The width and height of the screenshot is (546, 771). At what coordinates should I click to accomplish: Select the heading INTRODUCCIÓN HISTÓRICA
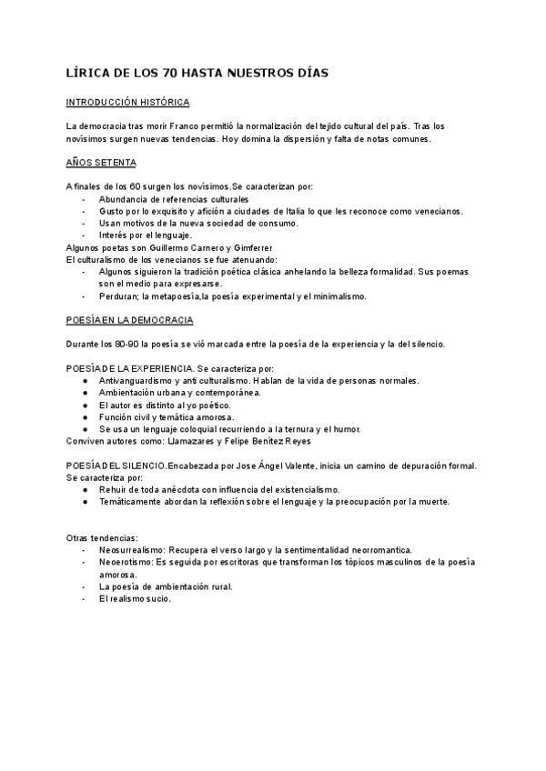click(x=127, y=103)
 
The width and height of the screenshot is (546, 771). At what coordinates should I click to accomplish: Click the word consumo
click(x=277, y=223)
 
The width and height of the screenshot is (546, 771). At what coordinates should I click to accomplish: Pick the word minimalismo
click(x=334, y=296)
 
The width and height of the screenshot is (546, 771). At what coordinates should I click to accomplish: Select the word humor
click(x=345, y=429)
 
